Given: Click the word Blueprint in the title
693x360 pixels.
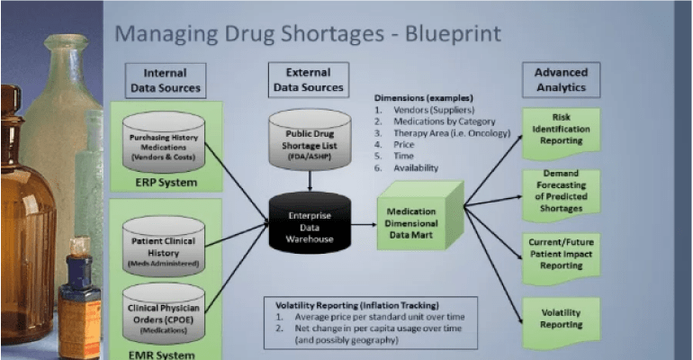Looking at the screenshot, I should [447, 35].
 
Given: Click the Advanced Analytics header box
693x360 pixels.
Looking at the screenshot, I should [561, 80].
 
